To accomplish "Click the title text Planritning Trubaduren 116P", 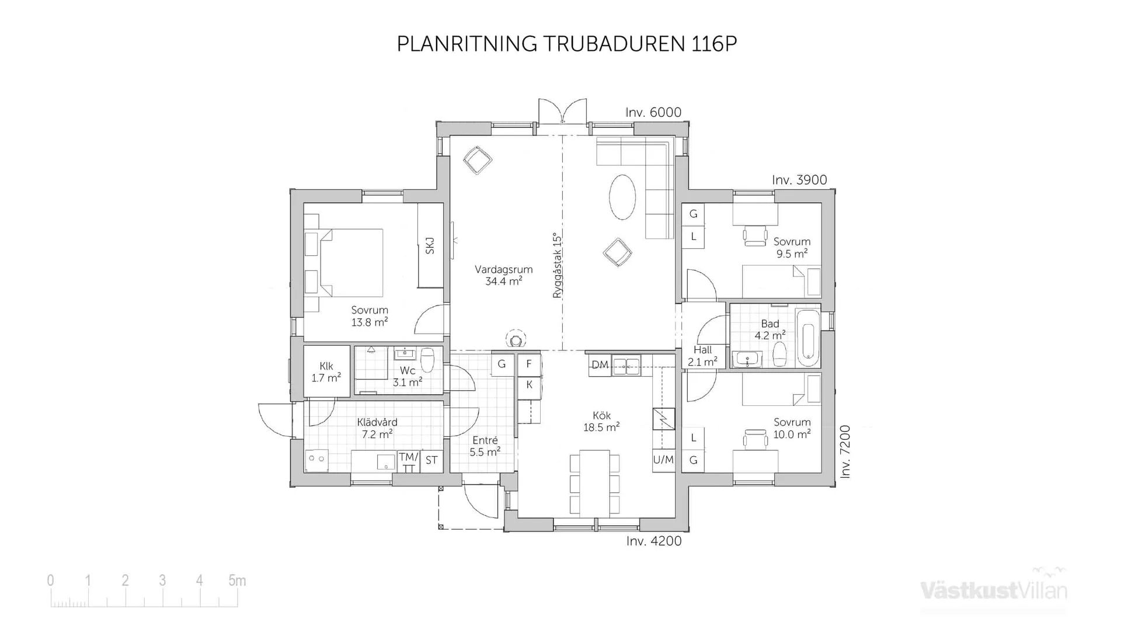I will [566, 44].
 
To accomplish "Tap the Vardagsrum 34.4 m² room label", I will [503, 275].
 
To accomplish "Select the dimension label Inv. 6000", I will [653, 112].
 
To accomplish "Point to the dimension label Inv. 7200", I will [845, 452].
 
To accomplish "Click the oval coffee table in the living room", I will [622, 197].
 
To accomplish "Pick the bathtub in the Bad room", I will [808, 337].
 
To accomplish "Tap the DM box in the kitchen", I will [600, 365].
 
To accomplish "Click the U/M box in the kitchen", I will [663, 460].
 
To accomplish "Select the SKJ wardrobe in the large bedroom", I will [430, 245].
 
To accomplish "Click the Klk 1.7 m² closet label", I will [326, 372].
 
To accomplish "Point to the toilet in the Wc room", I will [427, 360].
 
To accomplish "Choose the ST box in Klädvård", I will [431, 460].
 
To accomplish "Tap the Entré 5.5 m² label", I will [485, 446].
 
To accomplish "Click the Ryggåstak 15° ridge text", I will [557, 266].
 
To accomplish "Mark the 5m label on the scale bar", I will [236, 581].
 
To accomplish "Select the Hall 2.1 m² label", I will [702, 356].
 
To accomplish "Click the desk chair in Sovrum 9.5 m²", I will [755, 235].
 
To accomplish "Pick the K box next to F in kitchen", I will [529, 385].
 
